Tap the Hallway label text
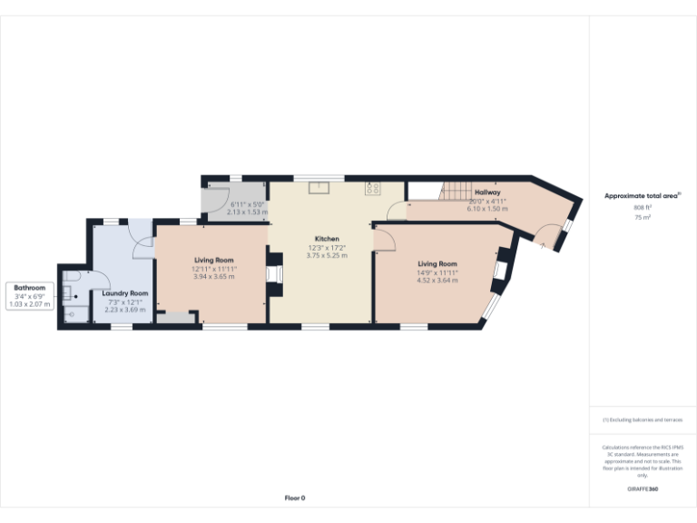486,192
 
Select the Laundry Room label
125,293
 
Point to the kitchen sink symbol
319,189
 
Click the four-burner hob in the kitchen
372,189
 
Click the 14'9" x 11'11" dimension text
437,272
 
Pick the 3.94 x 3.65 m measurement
214,276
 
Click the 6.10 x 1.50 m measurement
486,209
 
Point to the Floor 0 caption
295,498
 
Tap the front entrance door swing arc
546,238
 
